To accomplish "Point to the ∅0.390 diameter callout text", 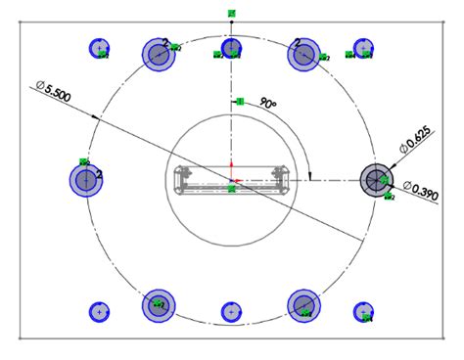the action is pyautogui.click(x=418, y=187).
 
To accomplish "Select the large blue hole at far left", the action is pyautogui.click(x=86, y=179).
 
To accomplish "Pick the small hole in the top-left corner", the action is pyautogui.click(x=99, y=48).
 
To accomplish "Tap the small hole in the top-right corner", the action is pyautogui.click(x=363, y=47).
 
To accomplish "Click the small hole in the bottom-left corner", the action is pyautogui.click(x=99, y=312).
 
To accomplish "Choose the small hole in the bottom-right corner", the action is pyautogui.click(x=363, y=312).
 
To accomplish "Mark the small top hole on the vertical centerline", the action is pyautogui.click(x=231, y=48).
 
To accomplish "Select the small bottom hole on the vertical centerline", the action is pyautogui.click(x=231, y=312).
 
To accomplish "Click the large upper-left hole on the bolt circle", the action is pyautogui.click(x=159, y=54).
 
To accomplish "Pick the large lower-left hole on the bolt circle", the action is pyautogui.click(x=159, y=306).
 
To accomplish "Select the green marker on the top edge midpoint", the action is pyautogui.click(x=231, y=13).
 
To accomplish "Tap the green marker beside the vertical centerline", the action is pyautogui.click(x=238, y=101).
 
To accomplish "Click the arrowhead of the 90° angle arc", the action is pyautogui.click(x=310, y=177).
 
